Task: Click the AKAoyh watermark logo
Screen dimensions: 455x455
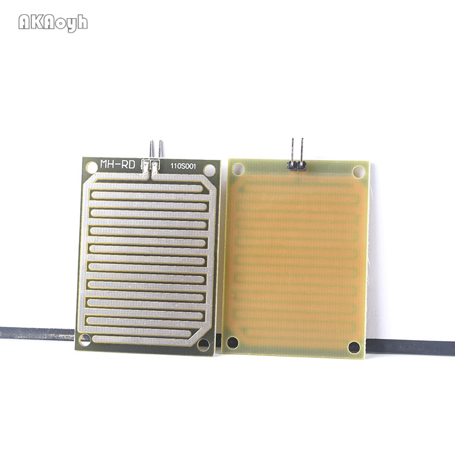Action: (53, 22)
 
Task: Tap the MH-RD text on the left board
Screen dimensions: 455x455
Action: (117, 164)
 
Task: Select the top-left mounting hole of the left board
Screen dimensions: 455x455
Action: (92, 167)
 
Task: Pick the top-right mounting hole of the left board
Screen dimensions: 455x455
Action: (209, 169)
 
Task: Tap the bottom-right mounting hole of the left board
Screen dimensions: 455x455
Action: (203, 344)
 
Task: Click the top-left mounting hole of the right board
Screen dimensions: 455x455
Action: (238, 168)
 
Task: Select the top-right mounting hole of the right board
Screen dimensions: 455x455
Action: (358, 171)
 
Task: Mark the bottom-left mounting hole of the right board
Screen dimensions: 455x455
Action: (232, 342)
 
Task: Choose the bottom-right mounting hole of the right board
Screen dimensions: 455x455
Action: (354, 347)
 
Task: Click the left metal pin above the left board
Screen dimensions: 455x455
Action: (152, 150)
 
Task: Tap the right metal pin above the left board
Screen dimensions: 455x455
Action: (160, 150)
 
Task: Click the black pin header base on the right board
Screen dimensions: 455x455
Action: (297, 166)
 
